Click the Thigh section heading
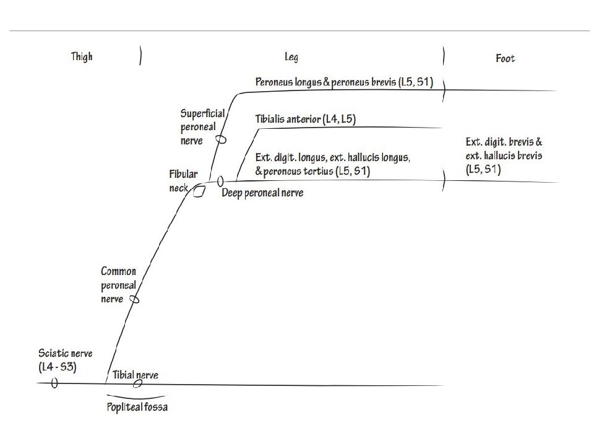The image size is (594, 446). (82, 56)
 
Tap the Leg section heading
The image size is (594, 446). (291, 57)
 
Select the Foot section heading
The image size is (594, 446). (506, 58)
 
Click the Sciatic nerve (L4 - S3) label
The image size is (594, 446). (65, 360)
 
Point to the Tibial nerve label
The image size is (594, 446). (136, 375)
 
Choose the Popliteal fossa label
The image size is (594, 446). (137, 406)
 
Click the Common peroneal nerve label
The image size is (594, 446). (118, 285)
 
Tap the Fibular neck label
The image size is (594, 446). (183, 181)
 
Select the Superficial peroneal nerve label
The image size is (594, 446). (202, 126)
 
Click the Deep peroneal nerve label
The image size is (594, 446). (262, 193)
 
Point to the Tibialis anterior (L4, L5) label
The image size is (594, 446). (305, 119)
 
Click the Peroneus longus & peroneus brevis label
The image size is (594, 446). (344, 82)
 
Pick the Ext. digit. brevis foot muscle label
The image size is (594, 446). (504, 155)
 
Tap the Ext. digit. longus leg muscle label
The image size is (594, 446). (333, 164)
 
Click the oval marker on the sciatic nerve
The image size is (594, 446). (54, 383)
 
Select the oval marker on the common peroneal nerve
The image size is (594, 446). (134, 299)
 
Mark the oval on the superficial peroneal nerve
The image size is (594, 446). (222, 139)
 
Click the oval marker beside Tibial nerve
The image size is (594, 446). (137, 383)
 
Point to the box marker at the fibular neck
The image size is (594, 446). (199, 191)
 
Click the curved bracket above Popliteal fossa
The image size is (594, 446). (136, 397)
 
